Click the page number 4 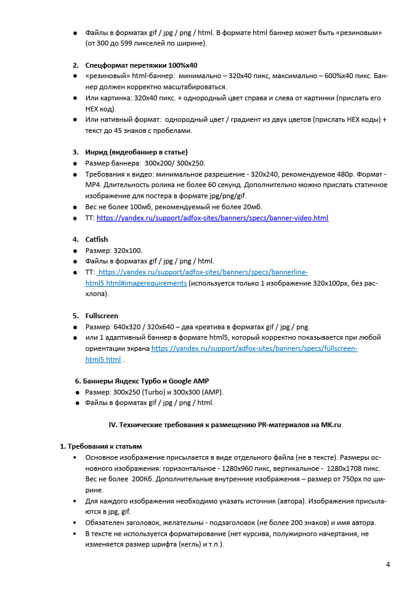click(x=388, y=564)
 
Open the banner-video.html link click(x=212, y=218)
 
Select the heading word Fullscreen click(x=102, y=316)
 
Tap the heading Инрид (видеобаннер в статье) click(x=136, y=152)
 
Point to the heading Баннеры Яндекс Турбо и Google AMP click(x=151, y=381)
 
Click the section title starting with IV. click(x=225, y=425)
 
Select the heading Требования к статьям click(x=104, y=446)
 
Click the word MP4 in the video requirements click(x=94, y=185)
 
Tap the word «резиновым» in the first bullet click(x=367, y=32)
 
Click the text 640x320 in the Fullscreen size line click(x=127, y=327)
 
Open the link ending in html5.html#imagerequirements click(x=135, y=283)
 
